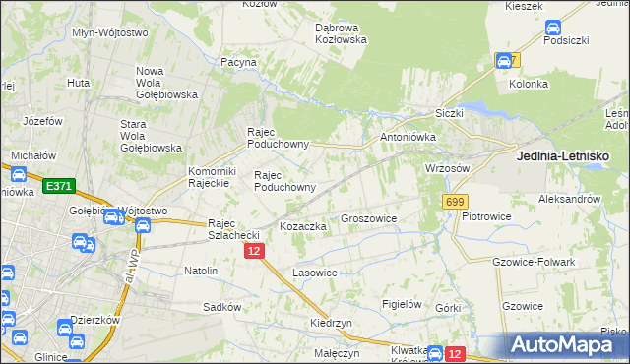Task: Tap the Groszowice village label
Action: [x=367, y=218]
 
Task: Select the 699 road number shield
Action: [x=454, y=202]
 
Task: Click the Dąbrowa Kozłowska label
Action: [x=341, y=33]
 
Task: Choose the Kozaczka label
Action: [x=302, y=226]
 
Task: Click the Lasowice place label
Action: [x=316, y=273]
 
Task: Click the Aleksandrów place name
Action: [x=569, y=198]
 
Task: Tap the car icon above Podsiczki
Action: [x=552, y=29]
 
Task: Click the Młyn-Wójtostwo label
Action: [x=110, y=32]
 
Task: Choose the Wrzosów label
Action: [x=447, y=168]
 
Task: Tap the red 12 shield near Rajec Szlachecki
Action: [x=254, y=252]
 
